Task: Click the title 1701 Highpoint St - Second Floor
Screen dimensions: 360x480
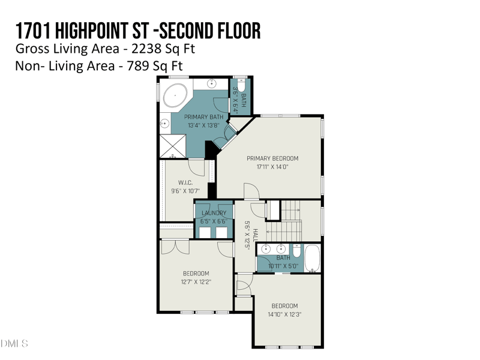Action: click(138, 29)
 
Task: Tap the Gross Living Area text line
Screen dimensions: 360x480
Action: click(105, 49)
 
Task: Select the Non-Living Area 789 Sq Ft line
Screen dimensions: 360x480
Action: click(99, 66)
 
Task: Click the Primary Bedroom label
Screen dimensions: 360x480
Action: click(272, 158)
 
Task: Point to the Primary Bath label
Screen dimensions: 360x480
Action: click(203, 117)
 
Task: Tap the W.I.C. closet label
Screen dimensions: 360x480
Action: click(185, 182)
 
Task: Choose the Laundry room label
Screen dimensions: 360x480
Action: click(214, 213)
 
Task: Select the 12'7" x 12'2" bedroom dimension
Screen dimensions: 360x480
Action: click(196, 281)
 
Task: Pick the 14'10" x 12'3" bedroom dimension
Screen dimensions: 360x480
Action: click(284, 314)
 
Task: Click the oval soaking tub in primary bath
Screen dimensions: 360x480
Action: click(175, 95)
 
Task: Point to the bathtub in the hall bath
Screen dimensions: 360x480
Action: click(312, 258)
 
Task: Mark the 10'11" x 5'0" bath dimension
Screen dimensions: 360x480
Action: click(283, 265)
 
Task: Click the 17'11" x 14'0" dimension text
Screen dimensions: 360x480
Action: click(272, 167)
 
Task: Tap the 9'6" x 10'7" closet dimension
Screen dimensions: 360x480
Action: click(185, 191)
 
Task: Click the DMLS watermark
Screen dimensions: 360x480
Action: click(14, 344)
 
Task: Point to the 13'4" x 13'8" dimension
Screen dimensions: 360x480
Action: click(203, 125)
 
